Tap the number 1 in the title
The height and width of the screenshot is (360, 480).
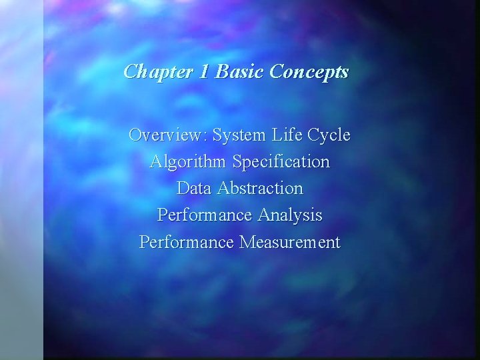(x=203, y=72)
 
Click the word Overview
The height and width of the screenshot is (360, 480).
(x=167, y=135)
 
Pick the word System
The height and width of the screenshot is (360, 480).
(x=239, y=135)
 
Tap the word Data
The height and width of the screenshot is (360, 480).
(x=191, y=189)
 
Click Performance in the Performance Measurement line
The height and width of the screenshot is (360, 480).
(x=186, y=242)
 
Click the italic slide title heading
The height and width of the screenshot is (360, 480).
(x=236, y=72)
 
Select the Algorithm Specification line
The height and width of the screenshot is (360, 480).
(x=240, y=162)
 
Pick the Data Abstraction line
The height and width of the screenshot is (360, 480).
(x=240, y=189)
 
